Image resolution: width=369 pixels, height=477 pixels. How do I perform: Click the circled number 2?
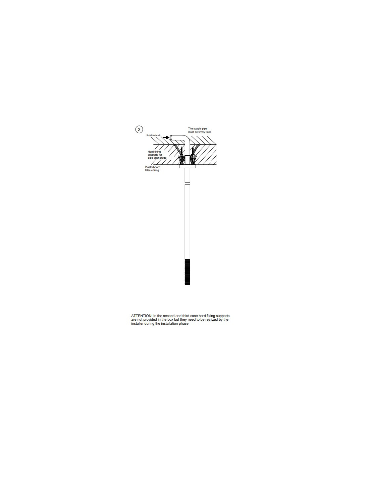click(139, 129)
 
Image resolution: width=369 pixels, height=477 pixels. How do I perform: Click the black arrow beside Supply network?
click(166, 138)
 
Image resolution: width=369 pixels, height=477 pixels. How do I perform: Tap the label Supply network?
click(153, 135)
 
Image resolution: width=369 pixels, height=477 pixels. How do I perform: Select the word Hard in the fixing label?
click(151, 152)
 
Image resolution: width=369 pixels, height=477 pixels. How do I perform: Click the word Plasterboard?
click(152, 167)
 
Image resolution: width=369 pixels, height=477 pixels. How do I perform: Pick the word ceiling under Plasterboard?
click(155, 170)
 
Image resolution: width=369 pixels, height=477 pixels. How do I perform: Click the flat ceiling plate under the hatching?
click(187, 166)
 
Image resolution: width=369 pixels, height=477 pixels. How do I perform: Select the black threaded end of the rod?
click(187, 272)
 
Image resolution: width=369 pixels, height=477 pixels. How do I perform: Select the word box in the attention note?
click(170, 320)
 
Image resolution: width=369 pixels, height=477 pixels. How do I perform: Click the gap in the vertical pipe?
click(187, 183)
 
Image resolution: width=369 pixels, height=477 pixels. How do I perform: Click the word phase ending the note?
click(183, 324)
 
